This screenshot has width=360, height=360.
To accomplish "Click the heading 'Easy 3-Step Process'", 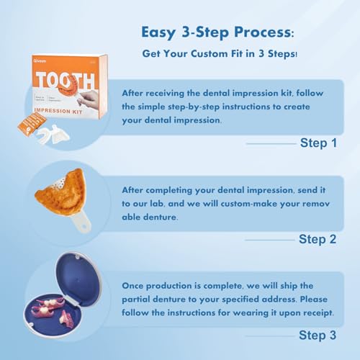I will pos(212,32).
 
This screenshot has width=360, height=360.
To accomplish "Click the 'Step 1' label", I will pos(318,143).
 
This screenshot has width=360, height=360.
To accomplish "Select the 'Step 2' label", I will pos(318,239).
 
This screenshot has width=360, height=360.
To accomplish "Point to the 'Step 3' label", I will pos(318,334).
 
